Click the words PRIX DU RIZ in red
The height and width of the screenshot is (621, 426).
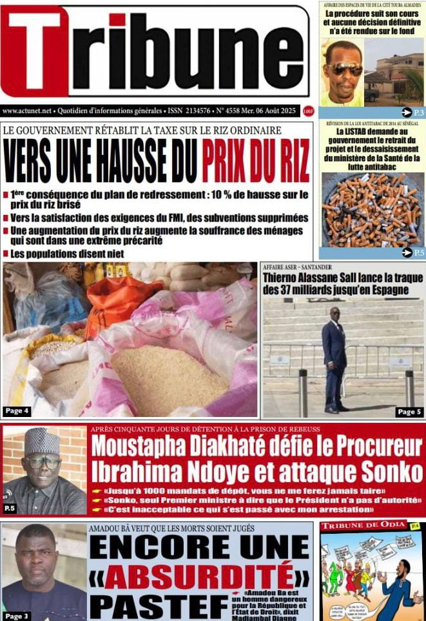[256, 160]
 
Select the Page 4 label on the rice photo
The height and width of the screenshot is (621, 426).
[17, 411]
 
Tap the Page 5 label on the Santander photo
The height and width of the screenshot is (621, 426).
[409, 411]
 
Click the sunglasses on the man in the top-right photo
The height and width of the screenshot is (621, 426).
[344, 68]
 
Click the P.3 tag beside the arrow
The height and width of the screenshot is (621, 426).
[419, 113]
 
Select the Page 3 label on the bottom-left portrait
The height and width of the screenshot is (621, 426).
[17, 616]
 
